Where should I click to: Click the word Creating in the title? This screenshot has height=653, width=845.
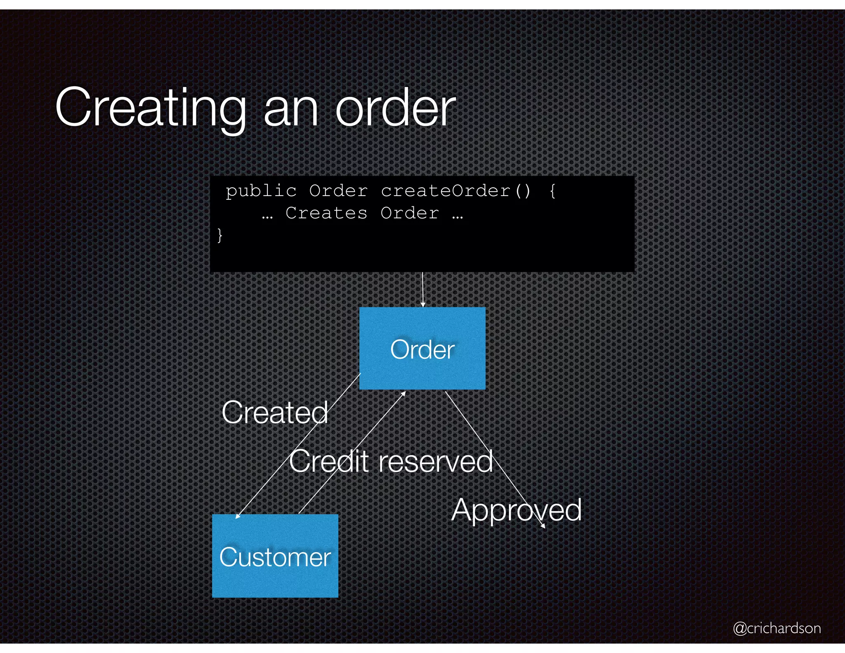coord(151,108)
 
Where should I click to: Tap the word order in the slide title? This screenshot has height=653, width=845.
coord(395,108)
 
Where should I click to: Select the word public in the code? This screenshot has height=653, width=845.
coord(261,191)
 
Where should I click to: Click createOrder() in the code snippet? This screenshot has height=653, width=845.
coord(456,191)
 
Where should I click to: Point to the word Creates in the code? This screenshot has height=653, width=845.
coord(326,213)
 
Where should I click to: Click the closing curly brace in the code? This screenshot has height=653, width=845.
coord(220,235)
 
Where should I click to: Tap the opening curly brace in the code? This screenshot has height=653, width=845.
coord(552,191)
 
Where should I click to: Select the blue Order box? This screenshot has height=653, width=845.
coord(422,348)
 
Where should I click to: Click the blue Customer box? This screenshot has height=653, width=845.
coord(275,556)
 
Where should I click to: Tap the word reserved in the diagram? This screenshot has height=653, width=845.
coord(435,461)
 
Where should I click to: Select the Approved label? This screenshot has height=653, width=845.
coord(516,510)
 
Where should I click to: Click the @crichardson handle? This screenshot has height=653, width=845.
coord(777,628)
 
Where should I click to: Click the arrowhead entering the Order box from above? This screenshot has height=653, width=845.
coord(422,305)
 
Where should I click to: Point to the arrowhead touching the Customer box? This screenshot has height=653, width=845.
coord(237,516)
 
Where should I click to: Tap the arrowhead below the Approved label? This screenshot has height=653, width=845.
coord(543,526)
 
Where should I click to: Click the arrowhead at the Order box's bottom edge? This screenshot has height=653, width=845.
coord(404,393)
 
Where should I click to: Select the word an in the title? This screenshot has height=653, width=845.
coord(291,108)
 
